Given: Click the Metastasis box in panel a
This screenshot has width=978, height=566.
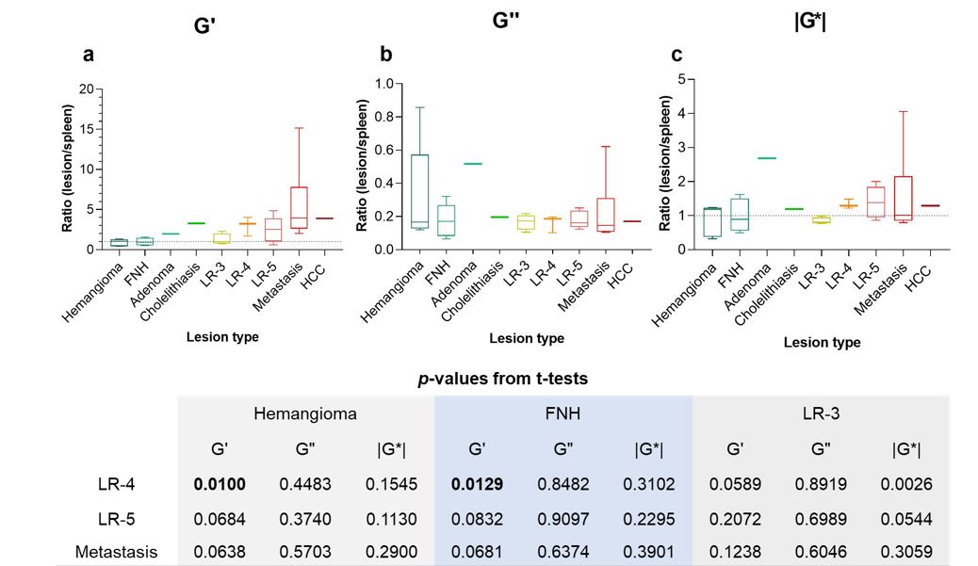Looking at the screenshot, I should coord(300,207).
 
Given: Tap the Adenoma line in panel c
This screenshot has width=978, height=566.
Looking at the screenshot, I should coord(741,158).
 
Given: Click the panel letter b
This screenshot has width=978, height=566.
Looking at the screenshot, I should coord(386,55).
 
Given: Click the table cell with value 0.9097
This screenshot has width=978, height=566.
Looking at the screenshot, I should coord(562,517).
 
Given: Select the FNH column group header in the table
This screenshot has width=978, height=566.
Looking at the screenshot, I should coord(562,413).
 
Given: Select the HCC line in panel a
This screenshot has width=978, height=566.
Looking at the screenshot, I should coord(326,218).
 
